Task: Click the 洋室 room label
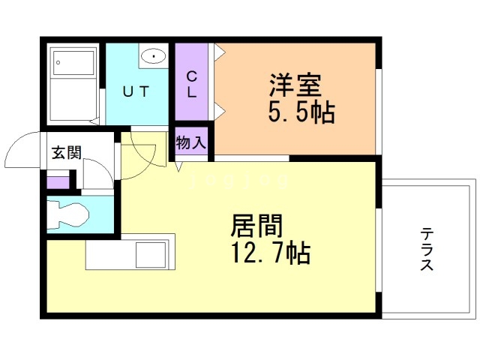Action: (295, 85)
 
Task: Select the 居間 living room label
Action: (256, 226)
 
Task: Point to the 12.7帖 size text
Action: (271, 253)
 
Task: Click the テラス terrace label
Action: (427, 249)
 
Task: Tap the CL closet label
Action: (192, 84)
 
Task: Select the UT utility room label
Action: (136, 91)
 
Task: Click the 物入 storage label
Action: (191, 142)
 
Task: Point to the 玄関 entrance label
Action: (67, 152)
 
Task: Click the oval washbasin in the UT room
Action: (153, 56)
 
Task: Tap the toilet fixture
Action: (68, 214)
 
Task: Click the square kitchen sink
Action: (151, 255)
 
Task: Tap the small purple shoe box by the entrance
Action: (58, 182)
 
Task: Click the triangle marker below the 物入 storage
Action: (179, 166)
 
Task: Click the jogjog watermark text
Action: (239, 181)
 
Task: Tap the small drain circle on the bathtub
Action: (58, 63)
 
